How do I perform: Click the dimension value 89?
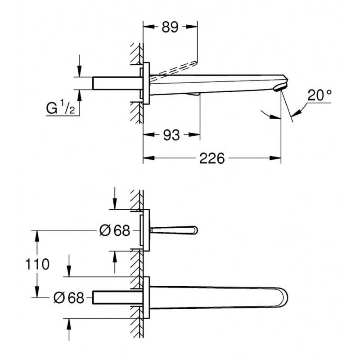pyautogui.click(x=170, y=27)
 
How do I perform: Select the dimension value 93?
pyautogui.click(x=171, y=135)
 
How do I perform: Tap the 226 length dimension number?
pyautogui.click(x=211, y=158)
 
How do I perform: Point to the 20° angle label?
pyautogui.click(x=319, y=95)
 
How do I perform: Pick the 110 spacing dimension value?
pyautogui.click(x=37, y=264)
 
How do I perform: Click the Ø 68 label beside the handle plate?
pyautogui.click(x=115, y=230)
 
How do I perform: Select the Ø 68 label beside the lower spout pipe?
pyautogui.click(x=69, y=298)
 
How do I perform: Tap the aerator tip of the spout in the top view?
pyautogui.click(x=280, y=87)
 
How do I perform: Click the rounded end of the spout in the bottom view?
pyautogui.click(x=285, y=298)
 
